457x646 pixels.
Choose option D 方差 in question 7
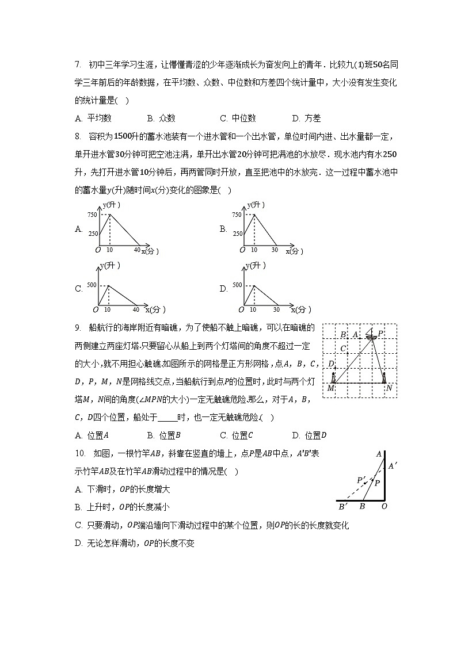306,119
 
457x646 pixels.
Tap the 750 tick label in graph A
92,215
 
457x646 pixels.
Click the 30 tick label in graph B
275,250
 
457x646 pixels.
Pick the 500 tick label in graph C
92,285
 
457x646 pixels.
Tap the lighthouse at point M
333,377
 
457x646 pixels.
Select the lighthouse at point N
384,377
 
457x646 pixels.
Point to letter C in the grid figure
343,349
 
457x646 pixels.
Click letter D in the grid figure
331,364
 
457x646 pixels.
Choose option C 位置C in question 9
237,435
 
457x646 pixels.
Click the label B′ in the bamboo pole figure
342,507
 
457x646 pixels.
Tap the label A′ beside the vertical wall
392,466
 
